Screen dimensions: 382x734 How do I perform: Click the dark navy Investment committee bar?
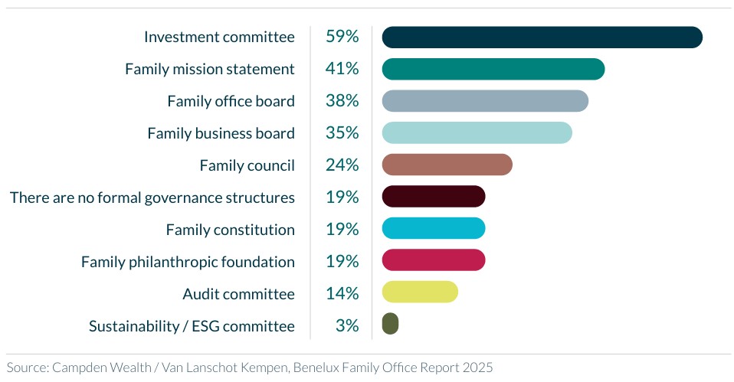pos(542,37)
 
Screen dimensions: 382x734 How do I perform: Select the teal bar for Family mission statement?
pos(493,69)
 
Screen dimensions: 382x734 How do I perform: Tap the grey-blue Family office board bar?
pos(484,101)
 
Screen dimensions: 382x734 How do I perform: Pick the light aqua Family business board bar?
pos(477,132)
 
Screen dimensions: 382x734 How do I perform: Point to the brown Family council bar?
pos(447,165)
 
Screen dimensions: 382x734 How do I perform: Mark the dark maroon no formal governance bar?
pos(433,197)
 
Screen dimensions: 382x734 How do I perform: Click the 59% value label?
pos(342,37)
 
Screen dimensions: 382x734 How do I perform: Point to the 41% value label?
pos(342,69)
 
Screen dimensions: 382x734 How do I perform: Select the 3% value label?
pos(346,325)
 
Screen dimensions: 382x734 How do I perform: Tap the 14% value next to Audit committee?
pos(342,293)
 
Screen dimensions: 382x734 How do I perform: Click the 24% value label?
pos(342,165)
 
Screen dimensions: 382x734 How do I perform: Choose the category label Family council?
pos(247,165)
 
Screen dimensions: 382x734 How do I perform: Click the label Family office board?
pos(231,101)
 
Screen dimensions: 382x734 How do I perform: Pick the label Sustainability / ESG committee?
pos(192,326)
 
